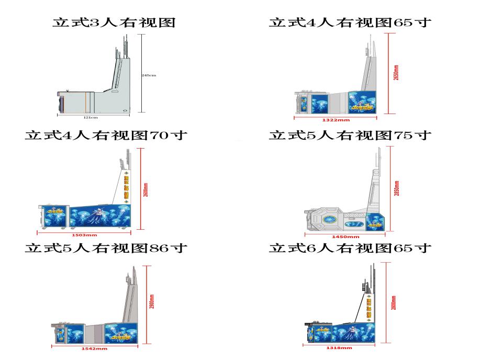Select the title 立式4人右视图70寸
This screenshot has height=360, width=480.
106,136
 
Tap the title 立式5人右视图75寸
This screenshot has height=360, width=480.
350,136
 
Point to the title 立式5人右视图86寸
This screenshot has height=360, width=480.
106,248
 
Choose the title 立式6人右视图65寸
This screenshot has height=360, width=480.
350,248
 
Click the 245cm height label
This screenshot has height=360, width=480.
150,75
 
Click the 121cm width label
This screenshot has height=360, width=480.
92,118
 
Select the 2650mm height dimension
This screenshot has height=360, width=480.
396,73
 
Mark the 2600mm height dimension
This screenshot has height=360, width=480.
146,189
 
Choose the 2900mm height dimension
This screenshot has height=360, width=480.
152,303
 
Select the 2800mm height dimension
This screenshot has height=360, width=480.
394,302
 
